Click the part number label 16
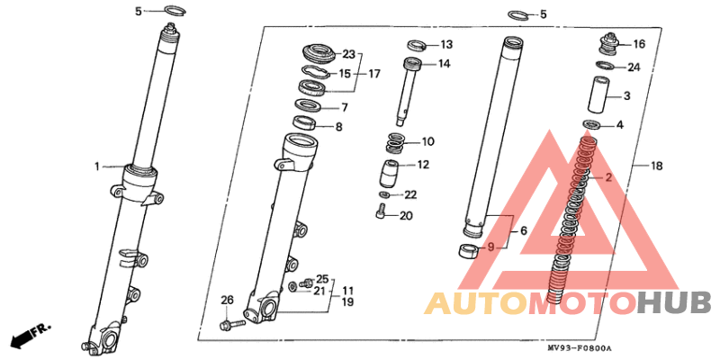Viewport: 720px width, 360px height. click(639, 44)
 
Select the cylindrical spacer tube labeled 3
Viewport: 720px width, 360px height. click(599, 95)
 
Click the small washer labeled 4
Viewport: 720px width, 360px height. click(592, 124)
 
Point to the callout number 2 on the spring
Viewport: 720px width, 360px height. click(608, 177)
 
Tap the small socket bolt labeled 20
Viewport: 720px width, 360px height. click(379, 212)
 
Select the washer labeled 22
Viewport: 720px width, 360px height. click(384, 195)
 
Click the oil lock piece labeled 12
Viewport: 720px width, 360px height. click(389, 173)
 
